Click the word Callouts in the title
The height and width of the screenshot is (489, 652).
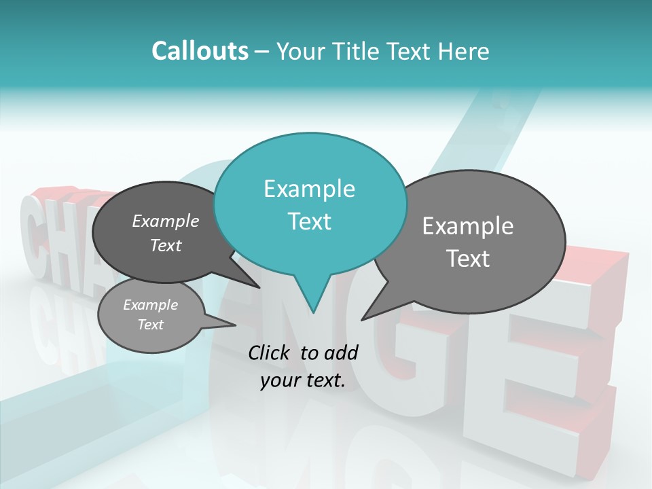click(x=200, y=51)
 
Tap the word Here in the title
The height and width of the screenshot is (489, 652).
click(x=464, y=51)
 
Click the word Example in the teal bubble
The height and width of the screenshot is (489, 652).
click(x=309, y=189)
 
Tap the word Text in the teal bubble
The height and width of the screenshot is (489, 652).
click(x=309, y=221)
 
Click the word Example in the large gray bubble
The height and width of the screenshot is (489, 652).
click(x=467, y=226)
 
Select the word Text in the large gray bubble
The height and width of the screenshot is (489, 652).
click(x=467, y=259)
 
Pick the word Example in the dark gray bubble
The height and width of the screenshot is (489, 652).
click(x=166, y=221)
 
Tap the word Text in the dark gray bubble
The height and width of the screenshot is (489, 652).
click(x=166, y=246)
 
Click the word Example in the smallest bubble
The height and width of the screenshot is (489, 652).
click(x=150, y=305)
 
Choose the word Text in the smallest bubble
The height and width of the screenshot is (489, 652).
click(x=150, y=325)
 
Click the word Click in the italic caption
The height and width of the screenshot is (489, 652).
click(x=270, y=352)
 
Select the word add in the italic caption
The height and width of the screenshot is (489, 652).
click(x=341, y=352)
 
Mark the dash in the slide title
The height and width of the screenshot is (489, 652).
click(x=263, y=52)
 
